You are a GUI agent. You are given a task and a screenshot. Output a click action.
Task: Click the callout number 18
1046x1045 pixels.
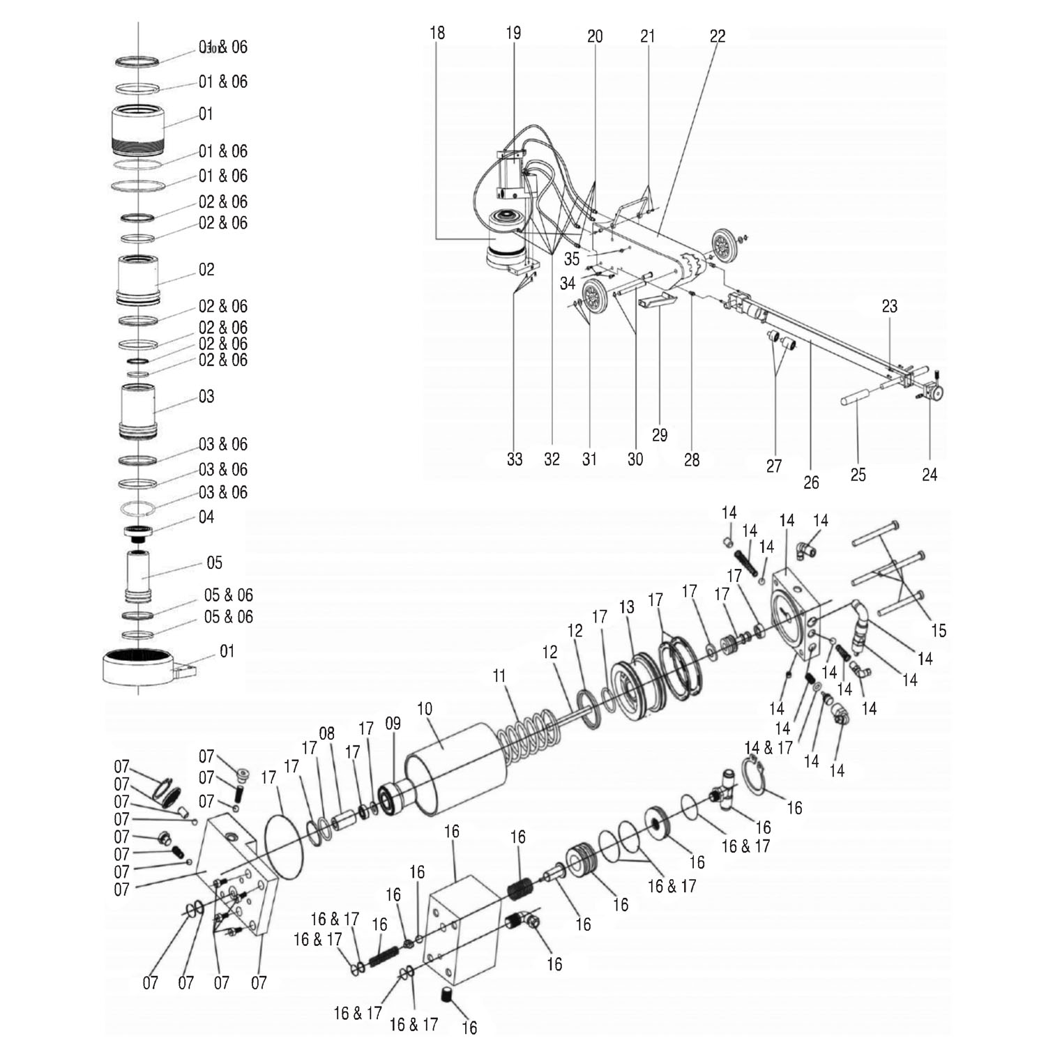click(437, 33)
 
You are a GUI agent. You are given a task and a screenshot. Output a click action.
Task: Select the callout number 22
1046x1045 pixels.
click(718, 36)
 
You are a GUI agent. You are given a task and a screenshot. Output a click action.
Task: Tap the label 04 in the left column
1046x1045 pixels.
click(206, 517)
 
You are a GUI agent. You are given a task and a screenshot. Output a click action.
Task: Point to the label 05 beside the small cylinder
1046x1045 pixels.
click(215, 563)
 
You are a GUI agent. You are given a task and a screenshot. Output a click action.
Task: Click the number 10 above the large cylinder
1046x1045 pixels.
click(425, 709)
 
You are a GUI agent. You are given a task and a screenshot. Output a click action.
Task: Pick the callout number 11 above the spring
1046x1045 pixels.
click(499, 676)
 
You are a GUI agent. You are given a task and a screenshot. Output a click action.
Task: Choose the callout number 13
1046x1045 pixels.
click(627, 607)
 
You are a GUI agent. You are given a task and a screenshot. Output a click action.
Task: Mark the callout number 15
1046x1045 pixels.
click(939, 630)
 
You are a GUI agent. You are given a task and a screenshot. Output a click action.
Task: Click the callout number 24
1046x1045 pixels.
click(930, 475)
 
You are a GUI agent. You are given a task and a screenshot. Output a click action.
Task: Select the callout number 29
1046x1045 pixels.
click(660, 435)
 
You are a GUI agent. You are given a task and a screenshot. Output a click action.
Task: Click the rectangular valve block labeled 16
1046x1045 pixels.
click(462, 923)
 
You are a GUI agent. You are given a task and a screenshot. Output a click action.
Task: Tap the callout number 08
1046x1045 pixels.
click(326, 733)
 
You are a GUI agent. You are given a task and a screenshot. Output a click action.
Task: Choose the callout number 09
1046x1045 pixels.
click(393, 724)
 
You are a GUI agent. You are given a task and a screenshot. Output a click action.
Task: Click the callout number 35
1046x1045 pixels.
click(572, 259)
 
